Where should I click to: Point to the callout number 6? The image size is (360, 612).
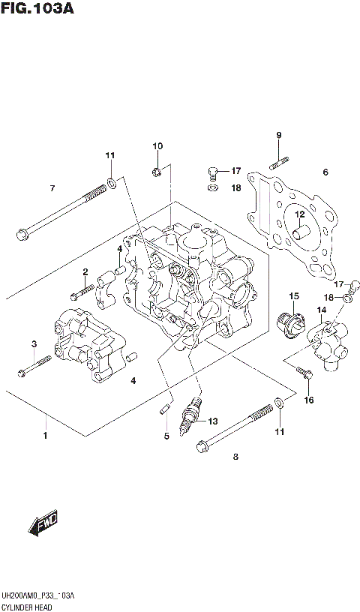tap(325, 172)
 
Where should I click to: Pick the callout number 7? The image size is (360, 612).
tap(52, 187)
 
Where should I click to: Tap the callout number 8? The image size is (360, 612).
tap(235, 456)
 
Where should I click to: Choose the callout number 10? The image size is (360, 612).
tap(157, 145)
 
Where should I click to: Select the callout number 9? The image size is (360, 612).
tap(278, 135)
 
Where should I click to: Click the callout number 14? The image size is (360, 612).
tap(321, 310)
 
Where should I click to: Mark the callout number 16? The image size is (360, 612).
tap(308, 400)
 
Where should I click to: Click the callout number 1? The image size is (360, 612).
tap(45, 436)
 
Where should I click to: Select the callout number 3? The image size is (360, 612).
tap(33, 343)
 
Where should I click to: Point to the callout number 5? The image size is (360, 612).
tap(166, 436)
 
